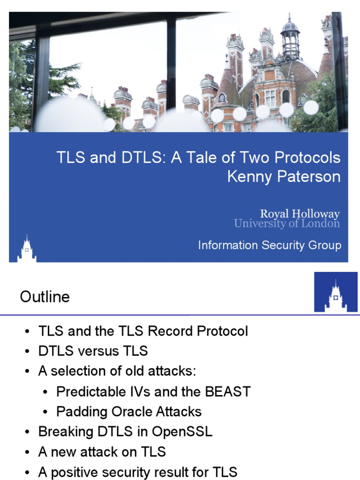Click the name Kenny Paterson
(x=284, y=177)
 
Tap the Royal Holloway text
(x=300, y=214)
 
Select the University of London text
(x=287, y=224)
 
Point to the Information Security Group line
(x=270, y=245)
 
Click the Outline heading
(x=45, y=297)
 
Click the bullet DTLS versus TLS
(x=93, y=351)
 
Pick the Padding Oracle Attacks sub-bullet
(x=129, y=412)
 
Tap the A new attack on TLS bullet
(x=102, y=451)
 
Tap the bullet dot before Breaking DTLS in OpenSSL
(x=28, y=432)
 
